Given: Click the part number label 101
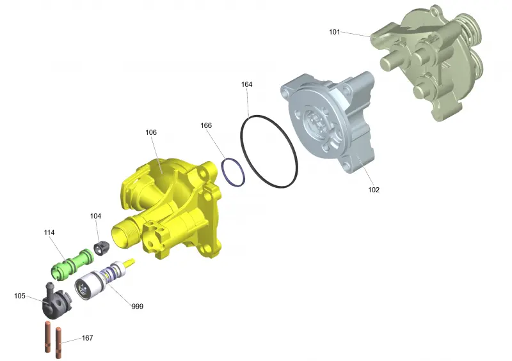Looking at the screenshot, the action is pyautogui.click(x=334, y=32).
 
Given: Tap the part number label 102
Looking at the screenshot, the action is pyautogui.click(x=374, y=190).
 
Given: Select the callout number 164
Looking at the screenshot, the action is pyautogui.click(x=246, y=84).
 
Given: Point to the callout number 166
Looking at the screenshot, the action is pyautogui.click(x=206, y=125).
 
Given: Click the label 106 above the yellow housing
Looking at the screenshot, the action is pyautogui.click(x=151, y=132).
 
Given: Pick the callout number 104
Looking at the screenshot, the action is pyautogui.click(x=95, y=216).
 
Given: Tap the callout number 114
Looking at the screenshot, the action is pyautogui.click(x=49, y=233).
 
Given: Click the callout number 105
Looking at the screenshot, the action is pyautogui.click(x=20, y=296).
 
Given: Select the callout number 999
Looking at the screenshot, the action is pyautogui.click(x=138, y=307).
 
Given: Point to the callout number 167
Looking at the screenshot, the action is pyautogui.click(x=87, y=338).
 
